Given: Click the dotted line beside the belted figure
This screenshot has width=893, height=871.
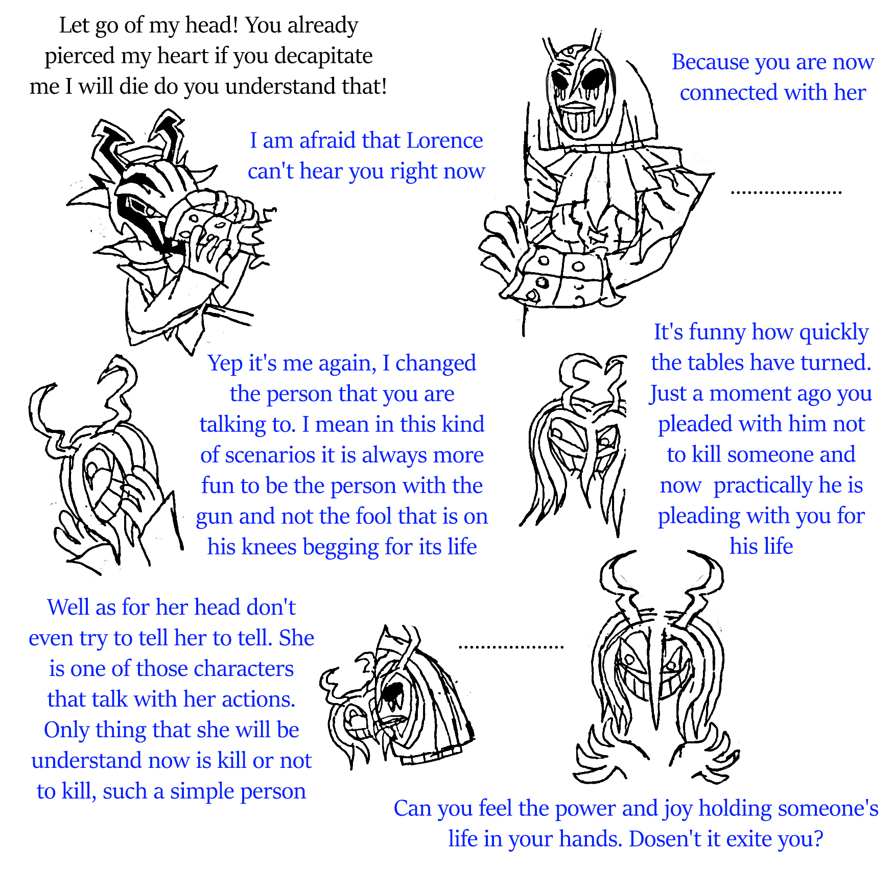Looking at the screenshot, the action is [x=786, y=192].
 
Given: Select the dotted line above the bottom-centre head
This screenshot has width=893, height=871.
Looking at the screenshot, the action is [x=511, y=647].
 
